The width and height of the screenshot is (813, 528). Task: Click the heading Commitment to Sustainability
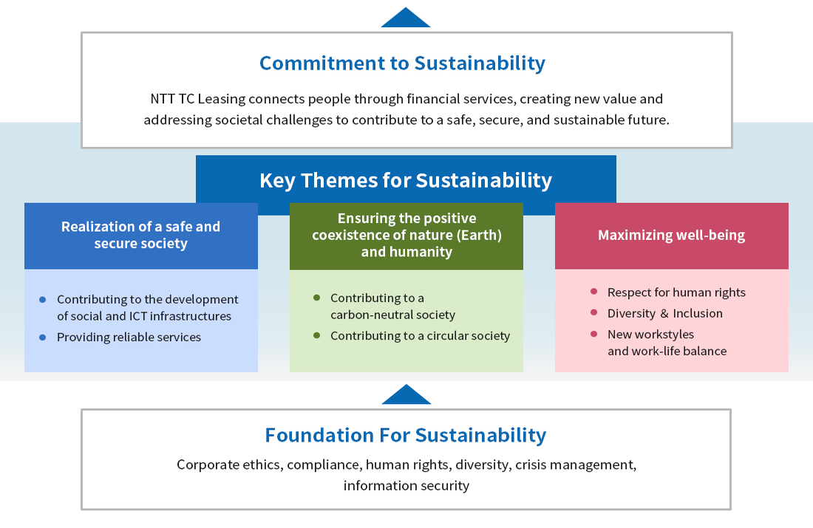(402, 64)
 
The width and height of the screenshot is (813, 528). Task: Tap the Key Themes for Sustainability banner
(406, 180)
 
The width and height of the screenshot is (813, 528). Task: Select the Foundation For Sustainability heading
(406, 436)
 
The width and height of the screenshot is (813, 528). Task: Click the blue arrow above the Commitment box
(406, 18)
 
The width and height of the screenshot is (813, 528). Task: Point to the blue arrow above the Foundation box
(406, 396)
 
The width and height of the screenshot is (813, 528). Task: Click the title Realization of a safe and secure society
(140, 235)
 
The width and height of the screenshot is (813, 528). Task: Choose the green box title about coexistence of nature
(406, 235)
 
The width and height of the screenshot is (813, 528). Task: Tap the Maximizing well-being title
(671, 236)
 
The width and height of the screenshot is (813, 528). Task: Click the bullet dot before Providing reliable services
(43, 337)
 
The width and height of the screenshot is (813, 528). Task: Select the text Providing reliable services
(129, 337)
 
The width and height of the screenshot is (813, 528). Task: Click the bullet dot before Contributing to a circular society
(317, 335)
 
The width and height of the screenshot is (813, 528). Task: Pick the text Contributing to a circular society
(420, 336)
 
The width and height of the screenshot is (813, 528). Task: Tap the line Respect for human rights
(676, 292)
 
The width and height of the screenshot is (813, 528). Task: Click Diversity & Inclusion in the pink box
(664, 313)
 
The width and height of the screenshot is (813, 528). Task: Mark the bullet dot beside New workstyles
(594, 335)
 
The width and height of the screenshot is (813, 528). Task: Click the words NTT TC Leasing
(190, 99)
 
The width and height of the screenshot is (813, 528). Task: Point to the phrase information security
(406, 486)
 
